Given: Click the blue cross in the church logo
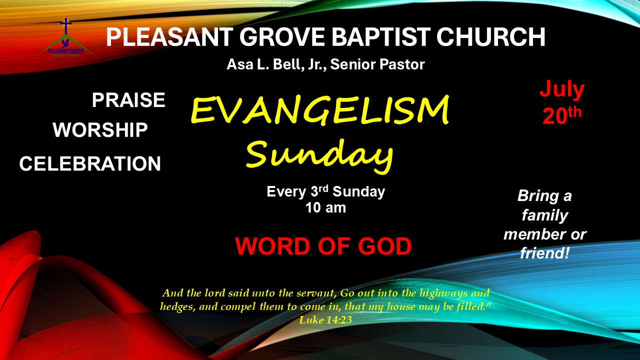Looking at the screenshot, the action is click(x=66, y=26).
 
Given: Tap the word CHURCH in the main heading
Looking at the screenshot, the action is click(x=491, y=37).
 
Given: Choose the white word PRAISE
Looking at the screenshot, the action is click(x=128, y=100).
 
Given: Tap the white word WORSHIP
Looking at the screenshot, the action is click(x=100, y=129).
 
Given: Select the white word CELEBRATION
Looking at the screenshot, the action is click(x=90, y=163).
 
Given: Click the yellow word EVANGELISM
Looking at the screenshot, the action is click(x=320, y=110).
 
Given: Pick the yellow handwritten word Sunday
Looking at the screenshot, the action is click(x=319, y=156).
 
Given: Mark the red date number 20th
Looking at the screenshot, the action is click(x=562, y=115).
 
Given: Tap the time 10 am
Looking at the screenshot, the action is click(x=325, y=207).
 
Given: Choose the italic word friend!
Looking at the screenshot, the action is click(x=545, y=253).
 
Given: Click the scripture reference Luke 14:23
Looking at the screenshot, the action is click(x=325, y=320).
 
